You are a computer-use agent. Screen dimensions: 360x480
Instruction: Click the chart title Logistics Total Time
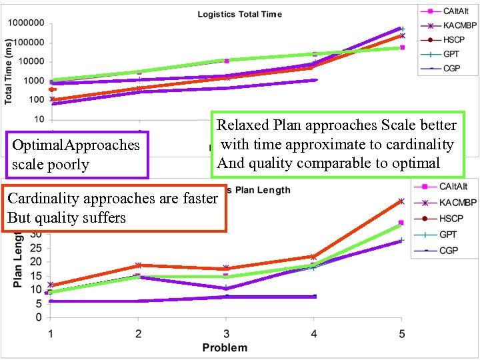tap(239, 14)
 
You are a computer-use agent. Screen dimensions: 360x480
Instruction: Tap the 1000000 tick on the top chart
tap(26, 23)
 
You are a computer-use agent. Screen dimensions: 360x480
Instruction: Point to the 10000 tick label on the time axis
tap(31, 62)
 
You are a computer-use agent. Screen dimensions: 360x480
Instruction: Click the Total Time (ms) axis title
tap(9, 69)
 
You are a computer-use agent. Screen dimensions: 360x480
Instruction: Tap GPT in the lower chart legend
tap(447, 235)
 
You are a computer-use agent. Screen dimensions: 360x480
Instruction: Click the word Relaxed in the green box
tap(242, 125)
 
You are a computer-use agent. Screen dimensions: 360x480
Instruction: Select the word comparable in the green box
tap(336, 163)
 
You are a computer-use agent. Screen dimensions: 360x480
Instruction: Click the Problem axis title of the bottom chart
tap(225, 347)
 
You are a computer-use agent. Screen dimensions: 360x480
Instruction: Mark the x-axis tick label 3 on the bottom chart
tap(226, 332)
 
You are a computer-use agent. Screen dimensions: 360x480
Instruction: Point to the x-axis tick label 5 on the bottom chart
tap(401, 332)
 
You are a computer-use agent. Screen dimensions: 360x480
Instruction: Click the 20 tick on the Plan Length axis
tap(37, 262)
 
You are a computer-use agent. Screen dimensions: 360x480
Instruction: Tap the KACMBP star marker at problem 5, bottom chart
tap(401, 201)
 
